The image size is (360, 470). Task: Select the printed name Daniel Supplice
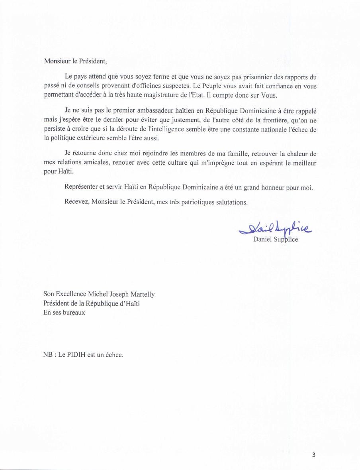(275, 240)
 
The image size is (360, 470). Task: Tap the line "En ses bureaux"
(64, 313)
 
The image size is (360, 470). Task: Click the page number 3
(313, 455)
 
